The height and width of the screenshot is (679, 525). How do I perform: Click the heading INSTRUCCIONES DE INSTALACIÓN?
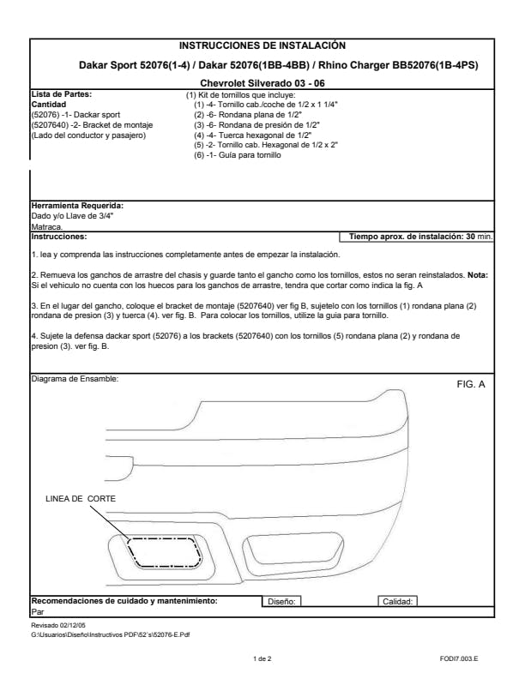pos(262,45)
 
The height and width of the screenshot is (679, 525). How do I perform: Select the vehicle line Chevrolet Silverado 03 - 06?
pos(262,82)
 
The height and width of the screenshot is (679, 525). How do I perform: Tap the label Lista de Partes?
pos(61,93)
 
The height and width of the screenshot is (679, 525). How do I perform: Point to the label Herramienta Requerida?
pos(77,206)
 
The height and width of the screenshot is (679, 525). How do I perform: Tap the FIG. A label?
pos(471,384)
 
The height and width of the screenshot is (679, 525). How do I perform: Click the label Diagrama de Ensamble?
pos(74,378)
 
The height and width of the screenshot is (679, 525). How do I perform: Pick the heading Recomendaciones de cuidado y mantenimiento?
pos(124,601)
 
